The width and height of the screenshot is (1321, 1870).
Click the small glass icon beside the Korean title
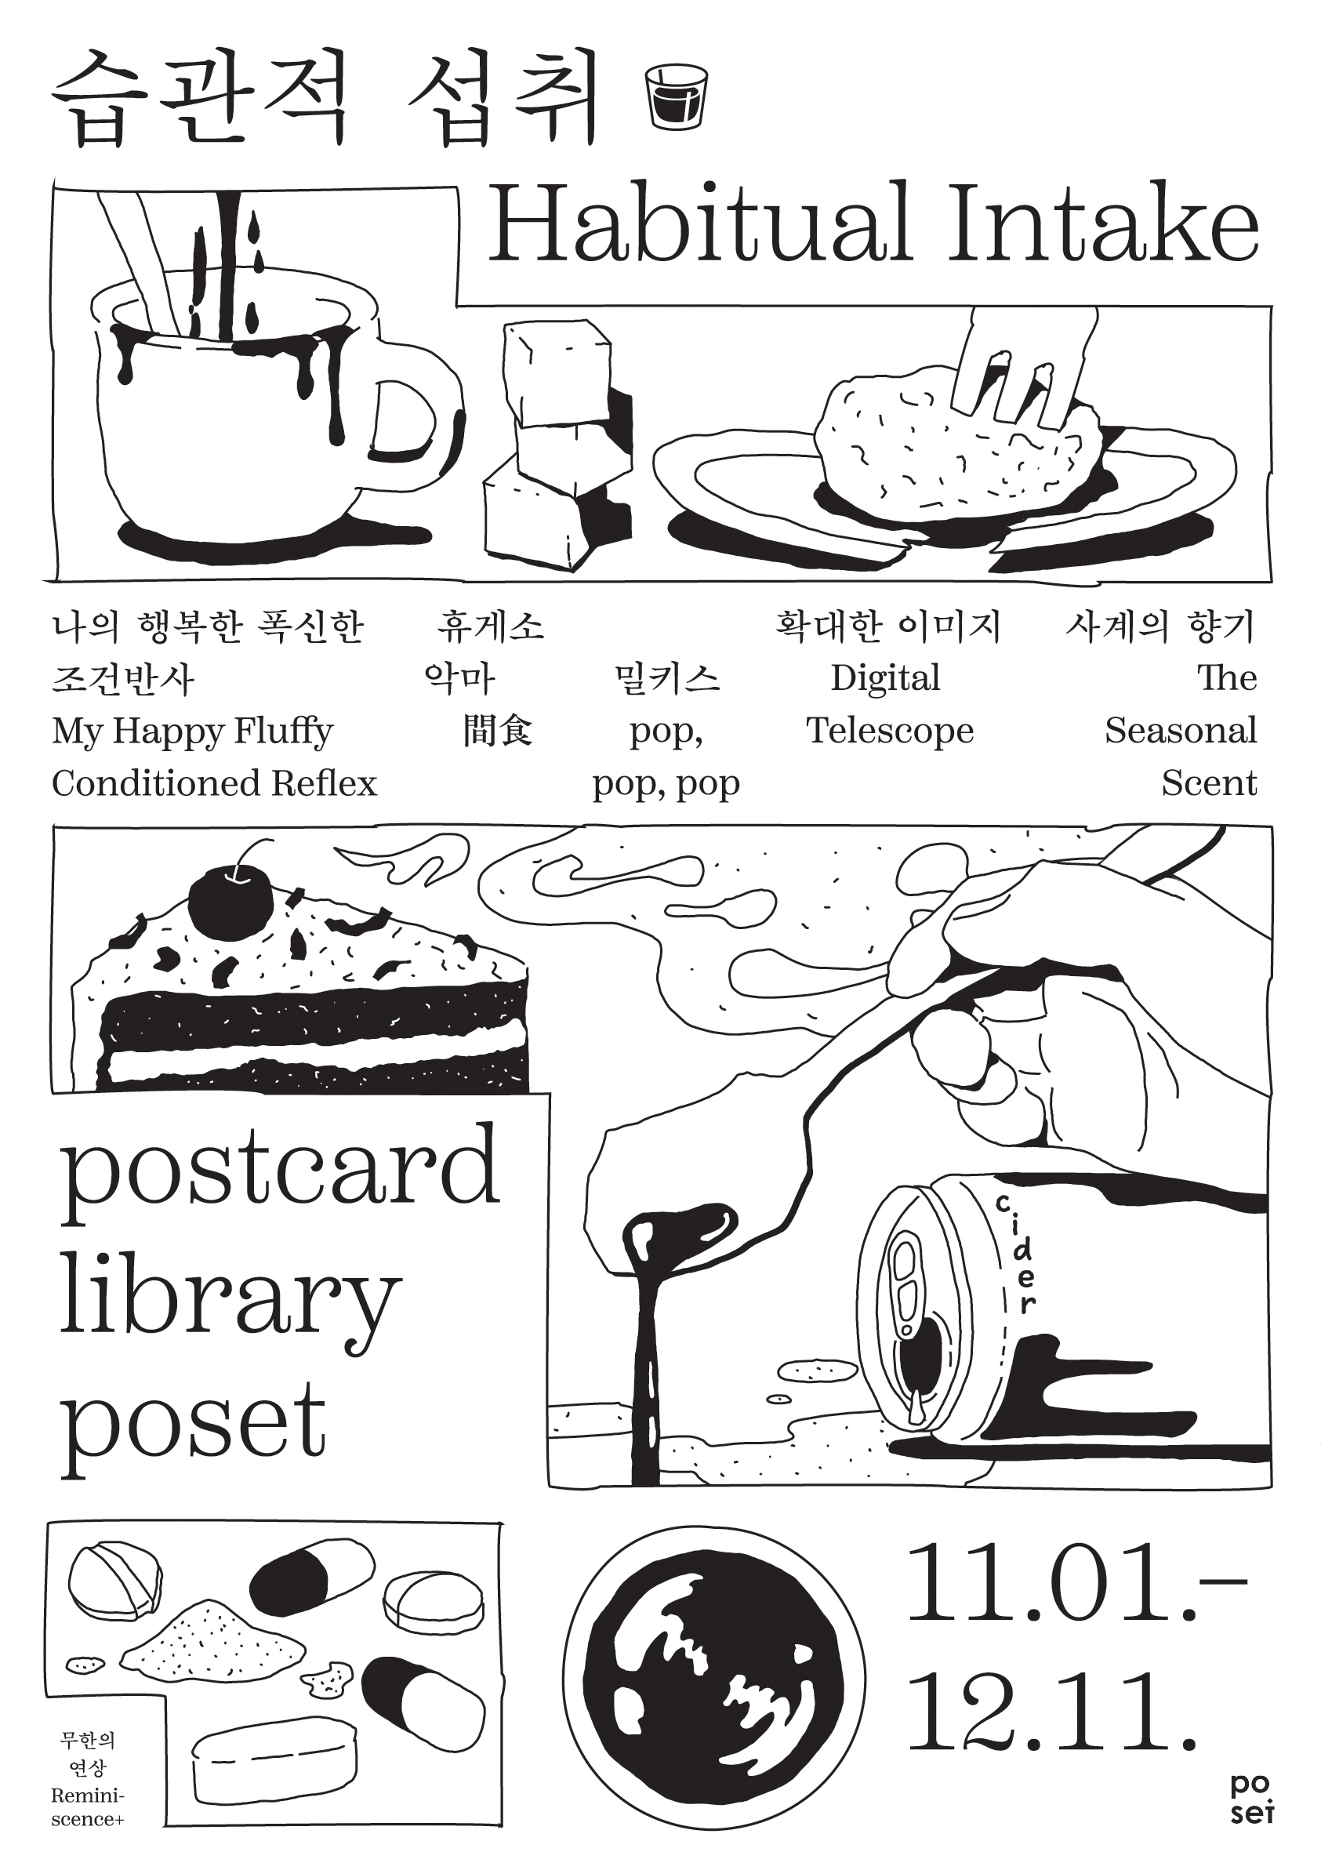(675, 96)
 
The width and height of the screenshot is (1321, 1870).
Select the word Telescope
(890, 731)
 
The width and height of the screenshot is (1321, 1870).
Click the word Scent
(1210, 783)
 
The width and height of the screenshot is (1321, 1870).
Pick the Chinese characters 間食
(498, 730)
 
